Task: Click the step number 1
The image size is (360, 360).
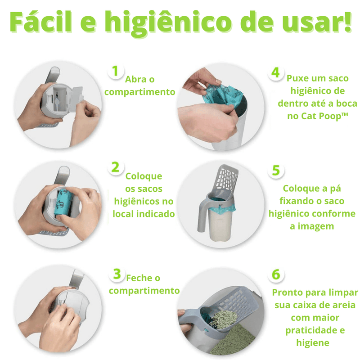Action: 115,71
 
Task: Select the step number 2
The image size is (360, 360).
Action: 115,167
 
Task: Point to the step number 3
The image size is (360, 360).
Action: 117,273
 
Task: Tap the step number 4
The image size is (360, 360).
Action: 275,72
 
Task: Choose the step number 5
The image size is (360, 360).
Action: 276,171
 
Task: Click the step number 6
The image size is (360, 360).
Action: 276,274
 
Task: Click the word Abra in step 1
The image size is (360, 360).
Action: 135,80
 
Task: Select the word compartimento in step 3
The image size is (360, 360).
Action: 144,291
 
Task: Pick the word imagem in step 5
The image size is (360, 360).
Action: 311,226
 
